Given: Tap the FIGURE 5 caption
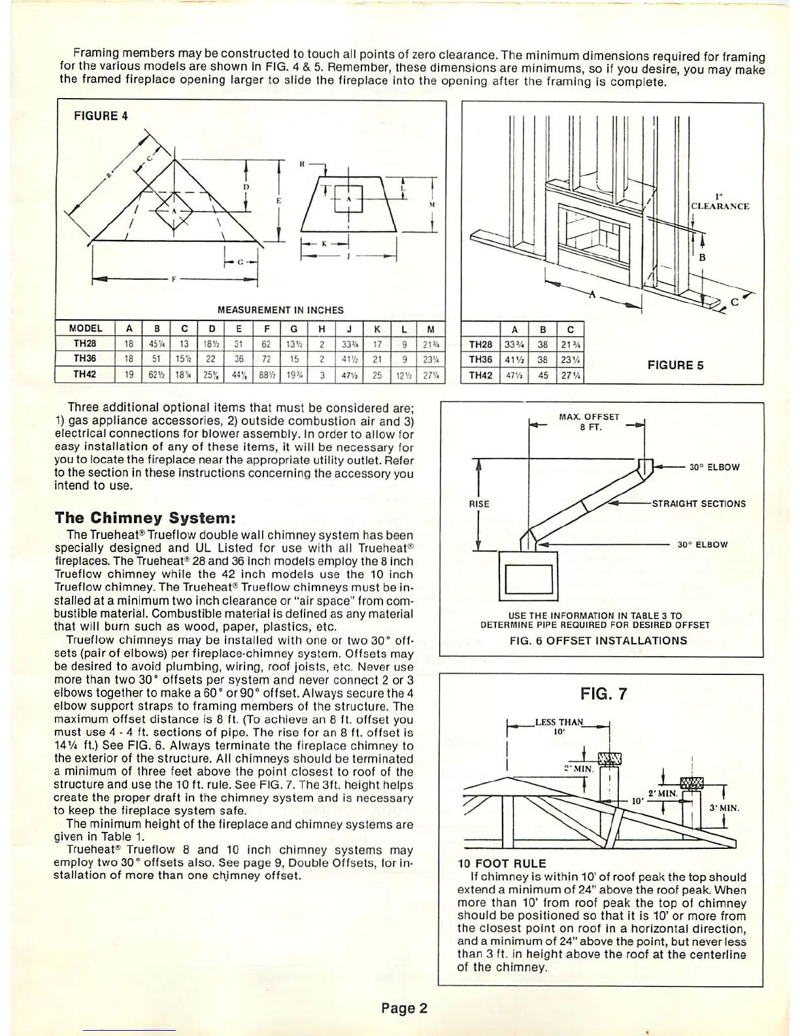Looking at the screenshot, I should point(675,365).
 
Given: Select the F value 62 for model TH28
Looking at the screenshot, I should point(266,343).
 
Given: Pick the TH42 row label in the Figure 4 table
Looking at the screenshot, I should point(85,374).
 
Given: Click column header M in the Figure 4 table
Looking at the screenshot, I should point(430,328).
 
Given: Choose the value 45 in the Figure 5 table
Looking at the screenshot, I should point(543,375).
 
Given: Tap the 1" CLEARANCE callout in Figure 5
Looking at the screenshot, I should point(720,201).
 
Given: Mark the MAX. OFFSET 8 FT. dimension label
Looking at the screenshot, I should point(589,422).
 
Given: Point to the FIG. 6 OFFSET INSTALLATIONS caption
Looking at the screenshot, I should point(598,641).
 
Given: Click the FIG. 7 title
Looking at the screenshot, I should point(603,694).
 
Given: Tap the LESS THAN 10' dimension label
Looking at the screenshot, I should point(559,727).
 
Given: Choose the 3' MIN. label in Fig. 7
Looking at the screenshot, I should point(724,808).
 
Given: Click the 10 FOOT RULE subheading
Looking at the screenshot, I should point(502,863).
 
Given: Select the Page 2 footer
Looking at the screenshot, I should point(404,1008).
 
